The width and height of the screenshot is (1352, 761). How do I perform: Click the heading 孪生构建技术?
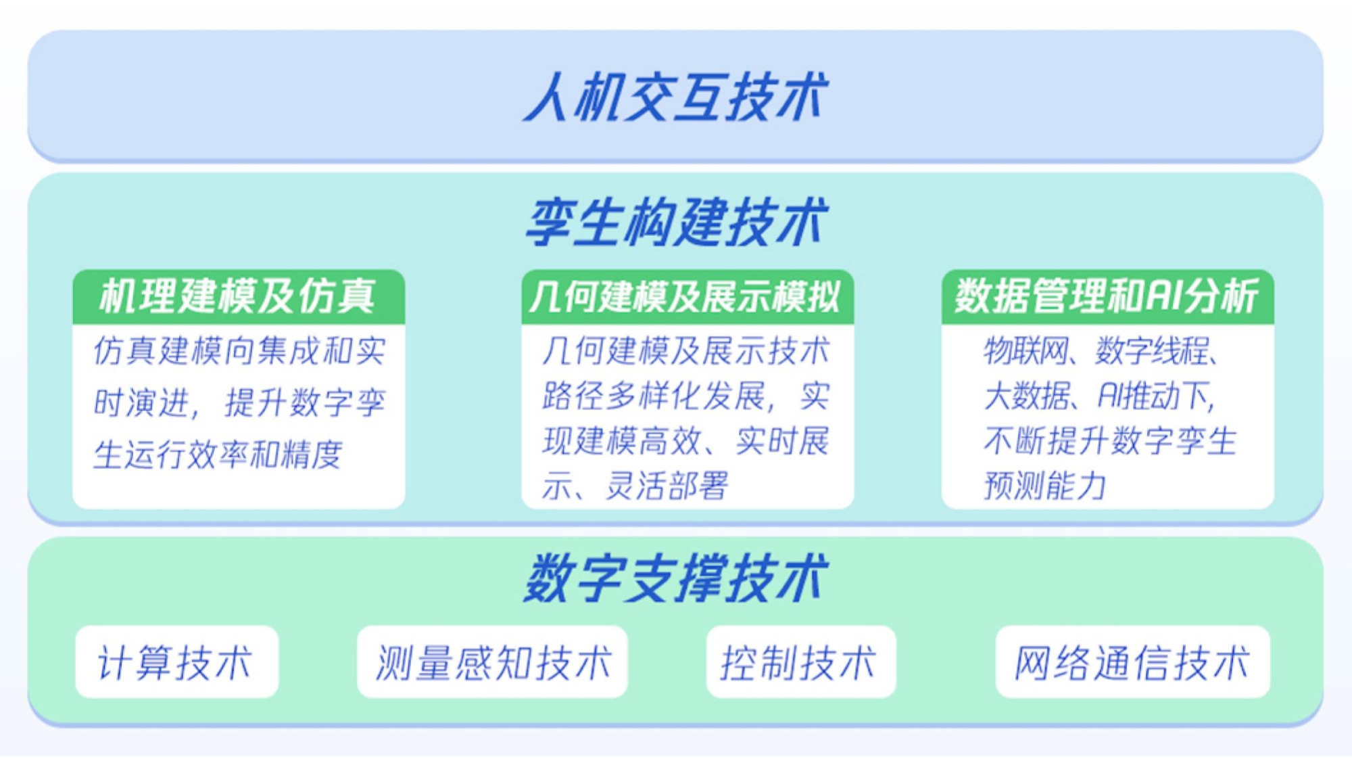676,222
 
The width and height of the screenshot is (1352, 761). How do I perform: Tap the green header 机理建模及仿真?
239,296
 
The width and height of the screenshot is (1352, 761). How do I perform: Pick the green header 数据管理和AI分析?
1107,296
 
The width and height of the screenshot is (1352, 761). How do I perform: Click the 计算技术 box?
176,662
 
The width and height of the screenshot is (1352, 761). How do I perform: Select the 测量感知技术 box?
492,662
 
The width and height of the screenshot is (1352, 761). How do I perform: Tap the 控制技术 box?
801,662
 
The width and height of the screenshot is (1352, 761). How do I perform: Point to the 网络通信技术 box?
1132,662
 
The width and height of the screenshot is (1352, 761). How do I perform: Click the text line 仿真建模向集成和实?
239,350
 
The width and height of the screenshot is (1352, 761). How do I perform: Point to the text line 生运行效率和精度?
218,454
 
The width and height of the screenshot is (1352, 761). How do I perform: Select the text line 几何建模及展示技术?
685,350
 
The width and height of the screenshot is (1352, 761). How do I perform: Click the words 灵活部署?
667,485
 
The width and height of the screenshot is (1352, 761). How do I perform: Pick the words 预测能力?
1045,485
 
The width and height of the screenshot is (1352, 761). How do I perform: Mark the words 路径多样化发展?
652,396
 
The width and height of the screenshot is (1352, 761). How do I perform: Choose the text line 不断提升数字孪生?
1110,440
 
